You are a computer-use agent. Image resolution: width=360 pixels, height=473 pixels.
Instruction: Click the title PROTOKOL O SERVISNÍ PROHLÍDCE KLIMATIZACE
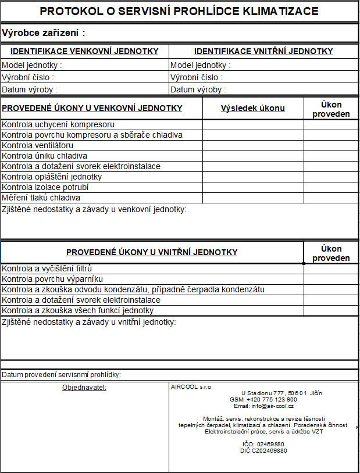(x=179, y=11)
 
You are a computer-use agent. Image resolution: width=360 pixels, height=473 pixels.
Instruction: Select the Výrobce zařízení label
(x=44, y=33)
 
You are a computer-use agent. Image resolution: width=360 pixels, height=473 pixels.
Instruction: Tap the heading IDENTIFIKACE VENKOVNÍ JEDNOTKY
(x=84, y=51)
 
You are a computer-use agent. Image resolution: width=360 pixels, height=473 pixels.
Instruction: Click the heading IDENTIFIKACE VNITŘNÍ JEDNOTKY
(x=263, y=51)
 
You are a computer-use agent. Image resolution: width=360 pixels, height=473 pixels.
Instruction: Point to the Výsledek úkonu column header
(x=253, y=108)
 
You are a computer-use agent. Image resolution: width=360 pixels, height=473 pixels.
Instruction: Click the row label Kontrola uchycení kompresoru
(x=58, y=124)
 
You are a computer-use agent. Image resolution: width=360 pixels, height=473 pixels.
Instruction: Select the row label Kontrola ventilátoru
(x=38, y=145)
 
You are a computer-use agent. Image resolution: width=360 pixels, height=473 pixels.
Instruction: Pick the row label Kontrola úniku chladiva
(x=45, y=156)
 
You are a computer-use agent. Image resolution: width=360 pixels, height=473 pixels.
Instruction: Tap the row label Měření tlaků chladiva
(x=41, y=198)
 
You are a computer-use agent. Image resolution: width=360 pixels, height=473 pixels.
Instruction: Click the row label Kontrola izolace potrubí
(x=48, y=187)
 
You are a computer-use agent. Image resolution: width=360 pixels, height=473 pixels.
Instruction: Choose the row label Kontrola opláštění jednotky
(x=52, y=177)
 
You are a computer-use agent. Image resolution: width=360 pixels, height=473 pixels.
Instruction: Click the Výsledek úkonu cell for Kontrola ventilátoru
(x=253, y=145)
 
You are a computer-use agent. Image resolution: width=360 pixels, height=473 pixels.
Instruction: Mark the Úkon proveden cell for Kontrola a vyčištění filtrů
(x=331, y=268)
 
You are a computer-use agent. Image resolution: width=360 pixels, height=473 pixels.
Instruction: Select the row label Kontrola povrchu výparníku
(x=48, y=279)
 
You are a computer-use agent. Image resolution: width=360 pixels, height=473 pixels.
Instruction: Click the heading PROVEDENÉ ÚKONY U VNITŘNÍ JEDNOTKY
(x=152, y=252)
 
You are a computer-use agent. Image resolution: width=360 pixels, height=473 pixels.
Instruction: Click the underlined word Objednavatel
(x=84, y=387)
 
